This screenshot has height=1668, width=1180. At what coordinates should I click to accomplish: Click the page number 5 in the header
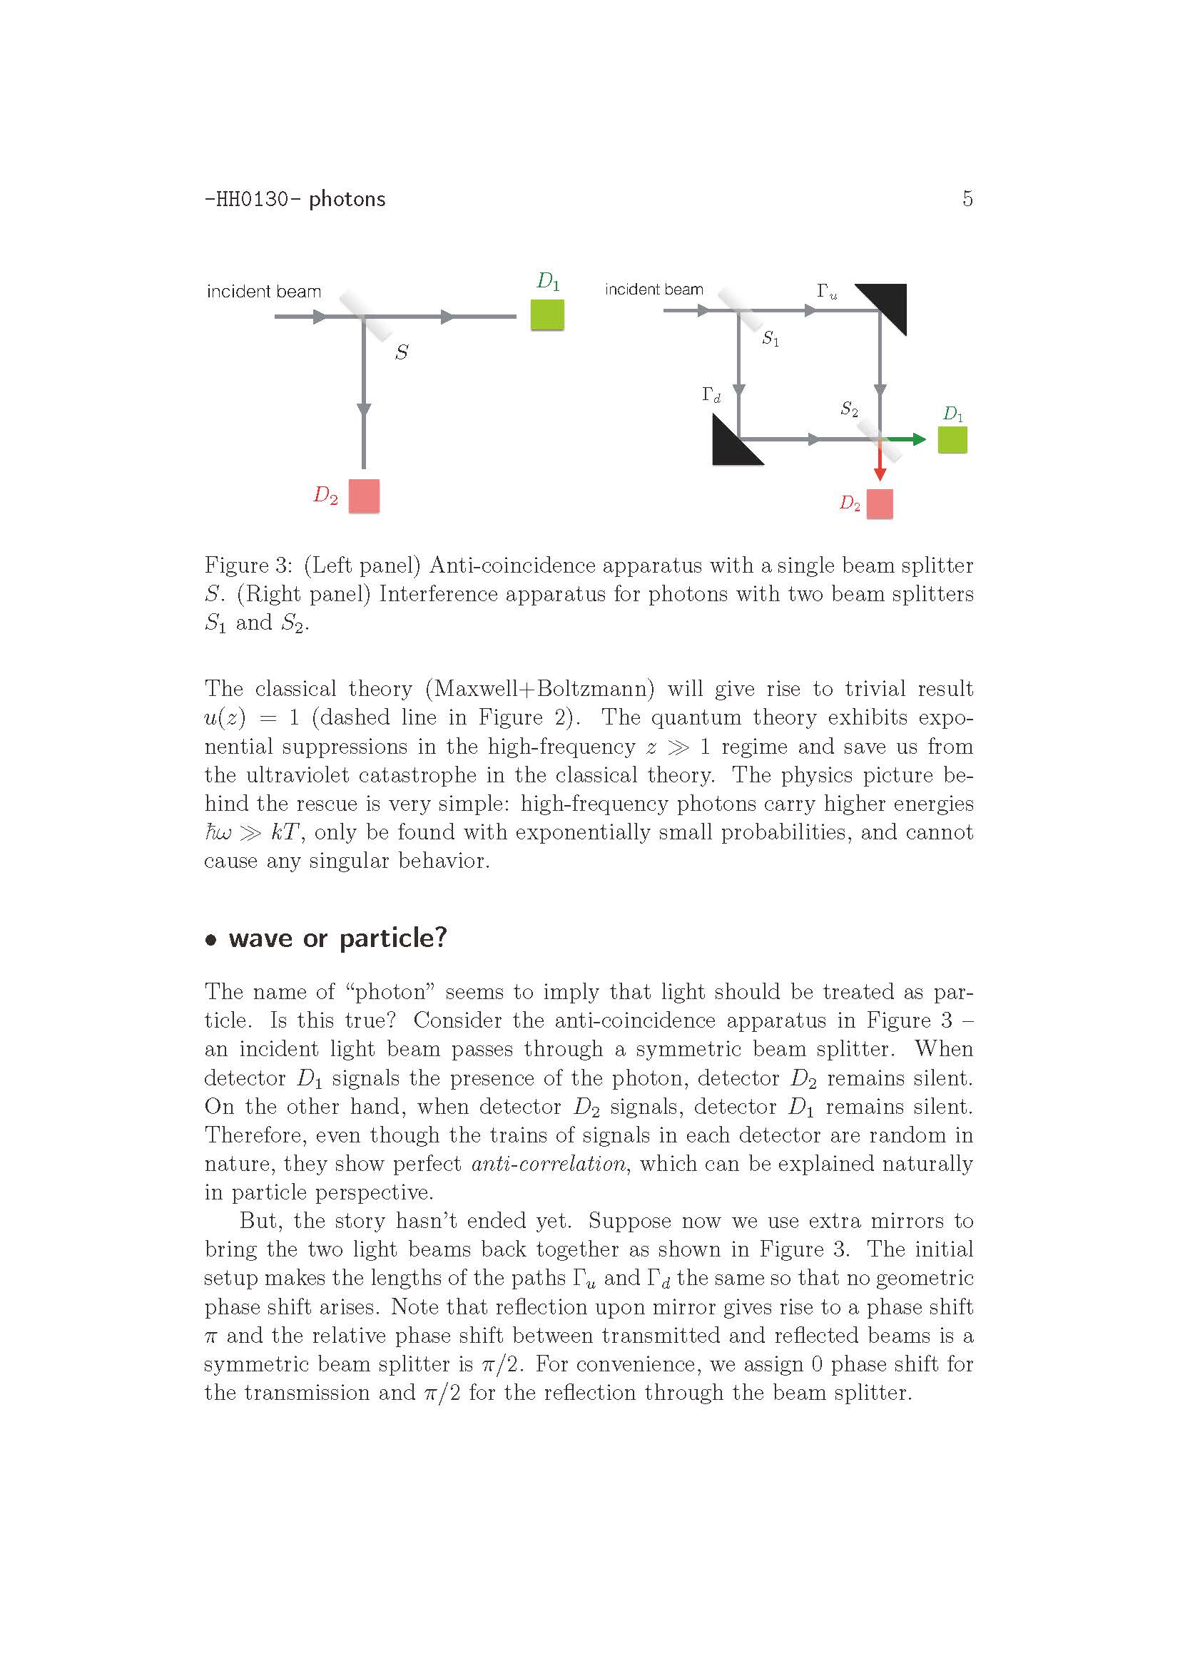967,198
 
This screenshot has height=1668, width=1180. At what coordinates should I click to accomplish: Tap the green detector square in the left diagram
547,315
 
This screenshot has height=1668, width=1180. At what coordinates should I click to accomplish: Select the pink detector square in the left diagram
364,496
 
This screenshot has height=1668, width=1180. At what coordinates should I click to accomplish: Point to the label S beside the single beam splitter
401,352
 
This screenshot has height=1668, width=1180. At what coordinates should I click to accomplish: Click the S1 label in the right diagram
770,339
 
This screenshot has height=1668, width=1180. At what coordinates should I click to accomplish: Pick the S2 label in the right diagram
849,409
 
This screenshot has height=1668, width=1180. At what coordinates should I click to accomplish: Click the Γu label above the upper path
827,292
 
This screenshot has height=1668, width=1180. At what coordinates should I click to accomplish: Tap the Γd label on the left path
711,395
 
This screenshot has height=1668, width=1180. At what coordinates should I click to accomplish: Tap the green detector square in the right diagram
952,440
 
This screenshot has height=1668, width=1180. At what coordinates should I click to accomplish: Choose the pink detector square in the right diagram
880,504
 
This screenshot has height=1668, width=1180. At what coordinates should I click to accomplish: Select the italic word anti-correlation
549,1164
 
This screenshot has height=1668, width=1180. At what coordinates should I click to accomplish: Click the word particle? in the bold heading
392,938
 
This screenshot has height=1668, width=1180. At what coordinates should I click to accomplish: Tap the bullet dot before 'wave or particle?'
211,940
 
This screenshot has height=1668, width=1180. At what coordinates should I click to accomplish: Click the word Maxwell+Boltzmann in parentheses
540,689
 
